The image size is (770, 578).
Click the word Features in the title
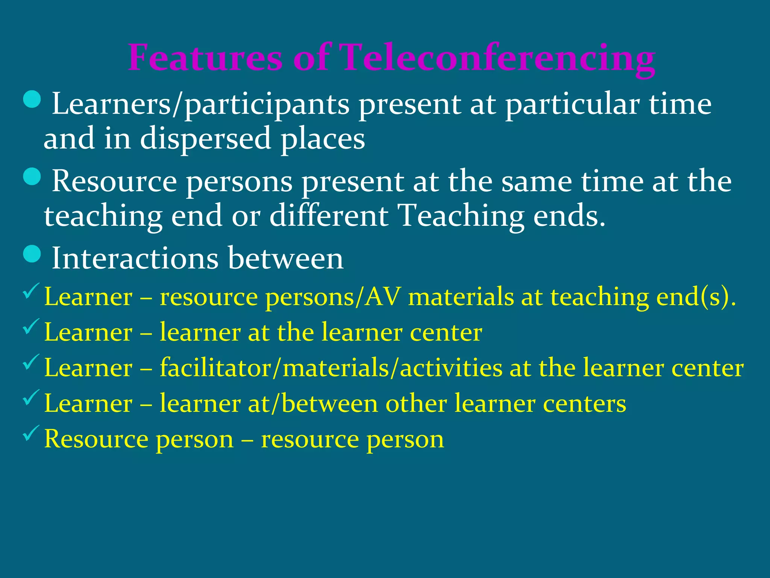tap(205, 58)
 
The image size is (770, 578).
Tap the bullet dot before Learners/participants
tap(32, 99)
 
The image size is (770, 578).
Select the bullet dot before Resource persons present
tap(32, 176)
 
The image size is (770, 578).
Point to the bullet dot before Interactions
tap(32, 254)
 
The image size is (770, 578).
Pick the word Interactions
tap(135, 259)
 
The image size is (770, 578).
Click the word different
tap(329, 216)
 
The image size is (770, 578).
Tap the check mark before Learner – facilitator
tap(31, 362)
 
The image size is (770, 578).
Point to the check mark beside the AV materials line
tap(31, 291)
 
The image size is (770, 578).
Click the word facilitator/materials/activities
tap(331, 368)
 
